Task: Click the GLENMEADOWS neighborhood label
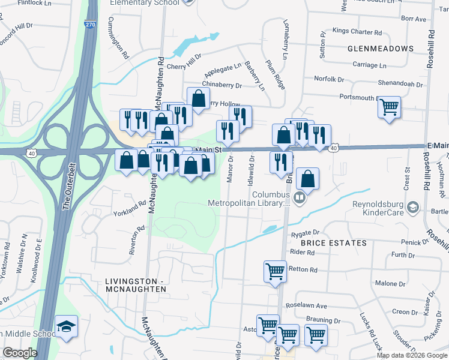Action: point(380,48)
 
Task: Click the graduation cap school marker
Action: point(66,327)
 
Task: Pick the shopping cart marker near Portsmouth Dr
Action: point(390,108)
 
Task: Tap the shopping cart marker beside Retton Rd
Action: point(276,271)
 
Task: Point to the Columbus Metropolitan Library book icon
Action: point(300,197)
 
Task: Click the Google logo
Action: point(20,353)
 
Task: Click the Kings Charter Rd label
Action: point(357,32)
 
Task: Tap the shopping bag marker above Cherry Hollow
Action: point(198,98)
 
